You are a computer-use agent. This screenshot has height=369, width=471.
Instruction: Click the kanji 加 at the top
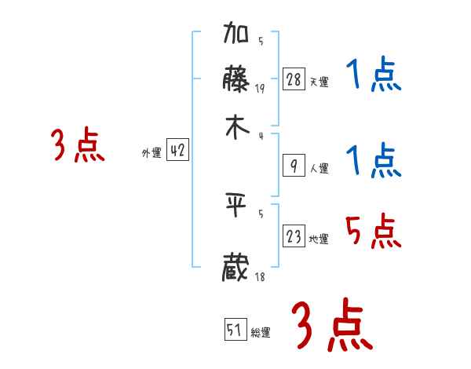pos(236,35)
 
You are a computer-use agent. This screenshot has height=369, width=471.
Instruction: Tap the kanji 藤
pos(236,80)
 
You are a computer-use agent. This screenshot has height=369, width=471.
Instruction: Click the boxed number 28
pos(294,79)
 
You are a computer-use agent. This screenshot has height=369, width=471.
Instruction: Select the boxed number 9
pos(294,165)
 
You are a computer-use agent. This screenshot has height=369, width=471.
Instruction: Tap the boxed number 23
pos(294,236)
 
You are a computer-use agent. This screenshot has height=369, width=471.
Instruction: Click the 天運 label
pos(319,82)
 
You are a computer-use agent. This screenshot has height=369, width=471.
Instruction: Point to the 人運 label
pos(319,168)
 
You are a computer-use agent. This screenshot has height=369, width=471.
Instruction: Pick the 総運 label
pos(261,333)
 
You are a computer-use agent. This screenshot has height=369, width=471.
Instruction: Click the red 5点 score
pos(374,231)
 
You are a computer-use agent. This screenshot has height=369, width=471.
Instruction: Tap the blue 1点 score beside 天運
pos(374,76)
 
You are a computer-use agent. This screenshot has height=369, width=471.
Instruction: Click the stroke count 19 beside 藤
pos(260,89)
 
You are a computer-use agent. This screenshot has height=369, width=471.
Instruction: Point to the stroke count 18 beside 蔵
pos(260,277)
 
